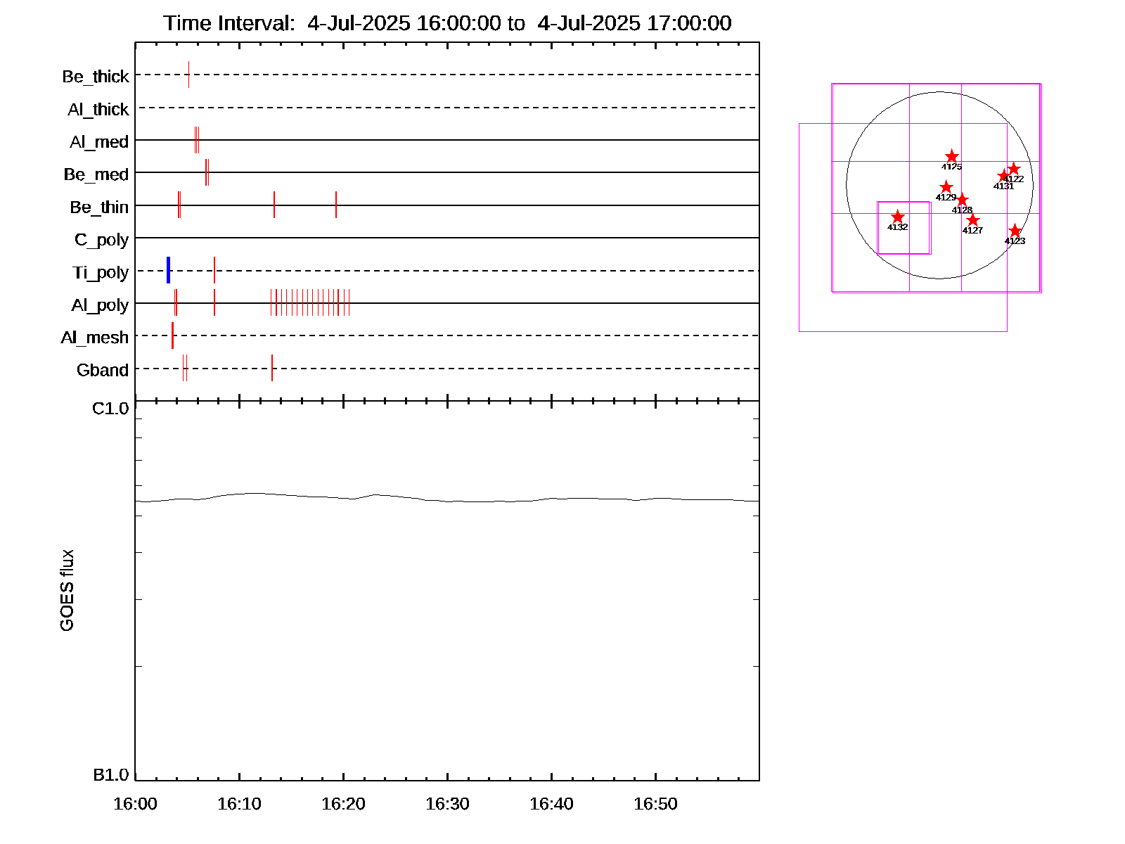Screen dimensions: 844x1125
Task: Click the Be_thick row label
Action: [96, 76]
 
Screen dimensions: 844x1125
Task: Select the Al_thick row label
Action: [98, 109]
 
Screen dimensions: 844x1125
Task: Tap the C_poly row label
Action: [102, 240]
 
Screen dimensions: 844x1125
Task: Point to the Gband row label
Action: [103, 370]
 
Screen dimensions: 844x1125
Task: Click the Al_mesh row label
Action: [95, 338]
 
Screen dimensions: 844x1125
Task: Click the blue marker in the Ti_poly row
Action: [169, 270]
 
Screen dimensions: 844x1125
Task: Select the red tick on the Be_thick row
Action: [188, 75]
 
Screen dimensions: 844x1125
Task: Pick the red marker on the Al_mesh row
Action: [172, 335]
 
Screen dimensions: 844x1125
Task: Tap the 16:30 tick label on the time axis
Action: [447, 804]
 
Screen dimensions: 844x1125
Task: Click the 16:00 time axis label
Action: [135, 804]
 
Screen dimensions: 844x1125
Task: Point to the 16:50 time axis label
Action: [655, 804]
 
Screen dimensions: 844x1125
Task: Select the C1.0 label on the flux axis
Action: [111, 409]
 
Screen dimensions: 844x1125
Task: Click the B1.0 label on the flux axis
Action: [111, 775]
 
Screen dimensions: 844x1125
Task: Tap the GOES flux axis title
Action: [67, 591]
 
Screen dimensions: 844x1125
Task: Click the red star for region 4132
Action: [897, 217]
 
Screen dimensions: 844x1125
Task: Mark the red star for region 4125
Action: [951, 156]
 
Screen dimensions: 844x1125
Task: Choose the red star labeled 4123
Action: [1015, 231]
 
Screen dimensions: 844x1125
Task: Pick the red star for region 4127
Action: [972, 220]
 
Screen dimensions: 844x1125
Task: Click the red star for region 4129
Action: [946, 187]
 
